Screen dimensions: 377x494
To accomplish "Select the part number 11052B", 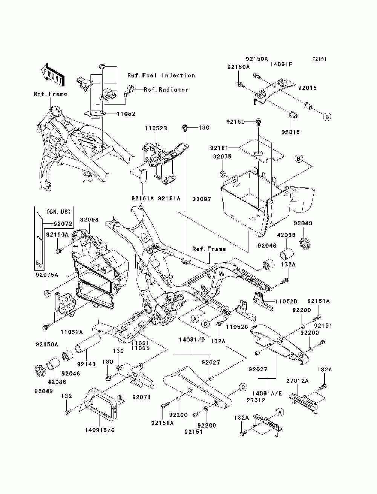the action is coord(156,128).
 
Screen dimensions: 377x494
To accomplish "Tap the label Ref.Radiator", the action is coord(166,89).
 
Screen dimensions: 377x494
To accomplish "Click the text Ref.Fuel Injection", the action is coord(161,75).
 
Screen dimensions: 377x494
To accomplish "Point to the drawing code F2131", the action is coord(319,59).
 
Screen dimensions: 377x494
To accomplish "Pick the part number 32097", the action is coord(202,199).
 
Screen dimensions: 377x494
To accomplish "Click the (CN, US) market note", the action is coord(58,212).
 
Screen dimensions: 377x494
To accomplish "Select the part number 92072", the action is coord(63,224).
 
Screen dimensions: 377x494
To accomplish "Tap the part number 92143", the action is coord(86,364).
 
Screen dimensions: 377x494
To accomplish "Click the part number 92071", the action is coord(141,397).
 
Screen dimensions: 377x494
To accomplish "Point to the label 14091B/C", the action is coord(100,430).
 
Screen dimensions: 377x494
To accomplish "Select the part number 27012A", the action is coord(297,381).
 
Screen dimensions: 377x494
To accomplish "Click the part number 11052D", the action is coord(286,301).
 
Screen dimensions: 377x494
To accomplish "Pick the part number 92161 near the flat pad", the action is coord(219,148).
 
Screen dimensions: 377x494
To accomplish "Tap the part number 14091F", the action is coord(281,64).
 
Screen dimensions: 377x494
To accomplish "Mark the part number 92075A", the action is coord(47,275).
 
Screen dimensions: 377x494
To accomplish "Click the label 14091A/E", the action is coord(267,393).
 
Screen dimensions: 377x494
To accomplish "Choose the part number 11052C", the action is coord(237,327).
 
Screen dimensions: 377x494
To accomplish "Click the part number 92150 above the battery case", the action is coord(235,122).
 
